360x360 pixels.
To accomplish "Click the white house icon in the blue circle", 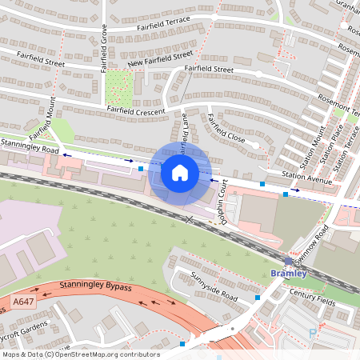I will pos(180,172).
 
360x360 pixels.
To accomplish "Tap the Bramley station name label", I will pos(288,274).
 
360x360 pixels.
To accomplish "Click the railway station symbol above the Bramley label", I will pos(288,262).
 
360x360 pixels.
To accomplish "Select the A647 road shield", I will pos(23,302).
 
